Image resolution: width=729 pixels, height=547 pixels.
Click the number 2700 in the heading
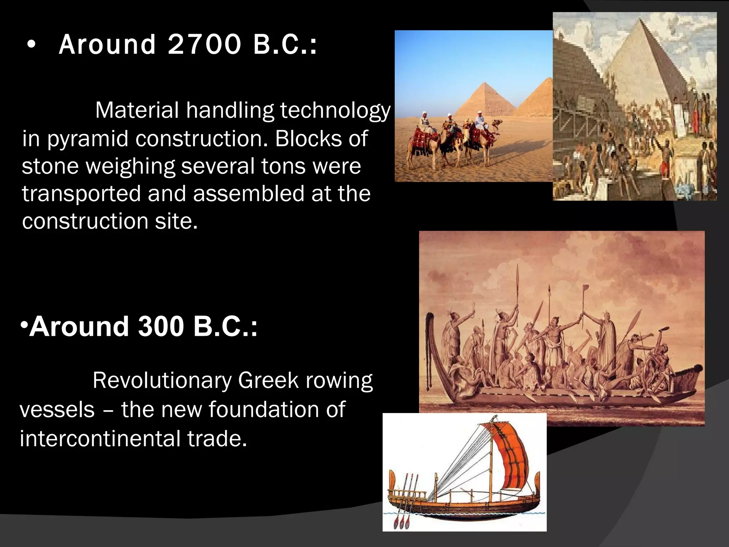[x=204, y=45]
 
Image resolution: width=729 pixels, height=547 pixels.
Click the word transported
[x=81, y=194]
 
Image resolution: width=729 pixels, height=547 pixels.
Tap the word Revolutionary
[x=162, y=380]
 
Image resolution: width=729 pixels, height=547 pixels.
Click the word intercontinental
[x=100, y=438]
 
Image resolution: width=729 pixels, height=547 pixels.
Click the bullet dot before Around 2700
[x=31, y=45]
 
